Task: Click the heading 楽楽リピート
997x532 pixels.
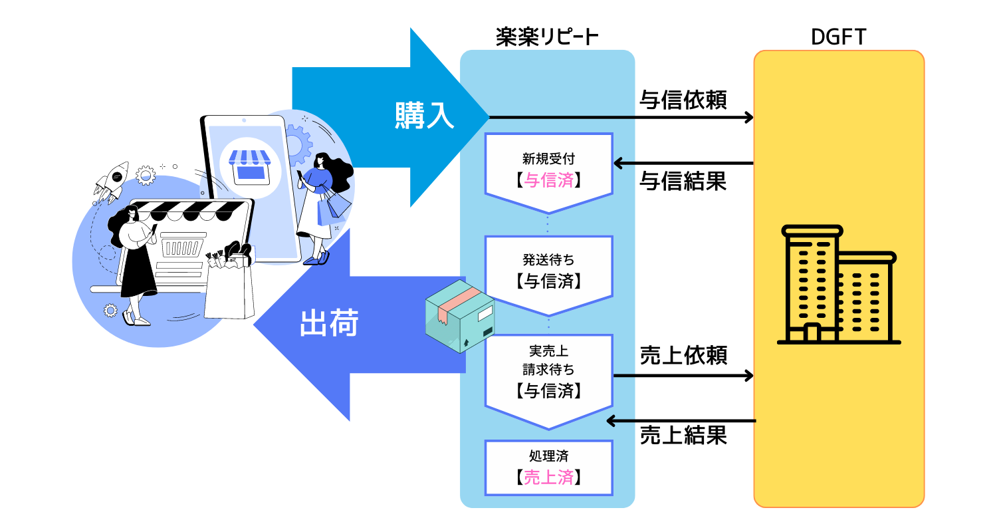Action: (547, 37)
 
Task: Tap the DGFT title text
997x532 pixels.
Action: (839, 37)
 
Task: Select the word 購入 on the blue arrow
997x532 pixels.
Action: (424, 116)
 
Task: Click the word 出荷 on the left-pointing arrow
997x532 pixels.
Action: (330, 323)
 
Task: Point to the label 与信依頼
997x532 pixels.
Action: (683, 100)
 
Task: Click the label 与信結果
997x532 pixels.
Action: (683, 181)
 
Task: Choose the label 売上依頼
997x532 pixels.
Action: (684, 355)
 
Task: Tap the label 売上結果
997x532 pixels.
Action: (684, 435)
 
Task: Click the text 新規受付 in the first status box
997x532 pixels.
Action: (548, 158)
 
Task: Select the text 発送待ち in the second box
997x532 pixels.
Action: (548, 259)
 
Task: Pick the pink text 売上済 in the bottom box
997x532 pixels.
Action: (549, 477)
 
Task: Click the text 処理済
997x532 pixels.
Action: (549, 456)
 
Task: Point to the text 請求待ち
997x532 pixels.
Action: (548, 370)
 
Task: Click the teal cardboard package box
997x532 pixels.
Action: (460, 316)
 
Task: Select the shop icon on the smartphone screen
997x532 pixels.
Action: (250, 166)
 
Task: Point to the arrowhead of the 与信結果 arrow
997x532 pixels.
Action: (618, 164)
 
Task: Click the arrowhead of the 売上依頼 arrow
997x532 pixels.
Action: (748, 376)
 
